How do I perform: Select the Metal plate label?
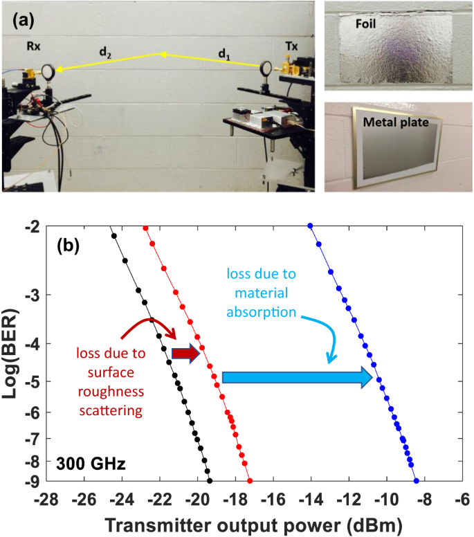click(x=398, y=122)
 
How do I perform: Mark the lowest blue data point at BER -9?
click(x=417, y=480)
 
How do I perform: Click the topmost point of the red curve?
click(x=145, y=228)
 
